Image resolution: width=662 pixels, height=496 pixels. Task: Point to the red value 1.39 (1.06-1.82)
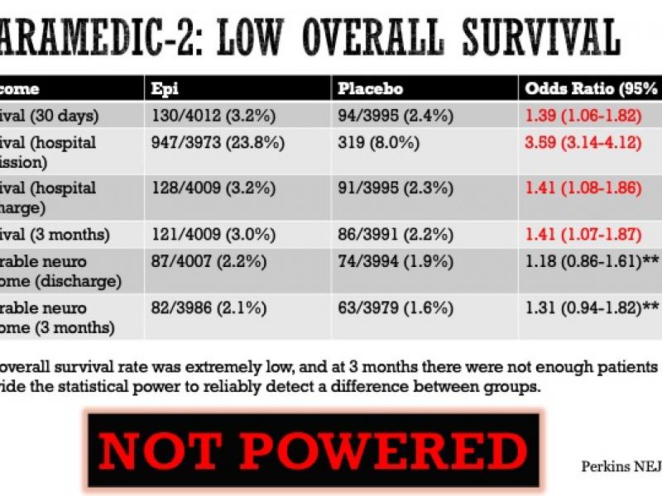pyautogui.click(x=583, y=114)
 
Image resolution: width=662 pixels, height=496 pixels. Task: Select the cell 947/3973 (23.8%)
pyautogui.click(x=218, y=142)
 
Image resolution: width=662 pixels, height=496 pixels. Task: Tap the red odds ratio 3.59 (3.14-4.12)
pyautogui.click(x=583, y=142)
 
